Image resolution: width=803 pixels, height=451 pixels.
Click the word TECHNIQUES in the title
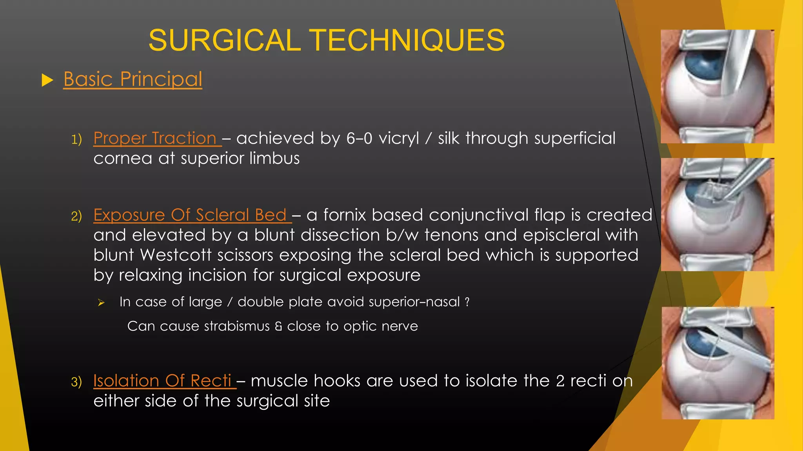click(408, 40)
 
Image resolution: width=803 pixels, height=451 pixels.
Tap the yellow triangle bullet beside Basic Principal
click(47, 80)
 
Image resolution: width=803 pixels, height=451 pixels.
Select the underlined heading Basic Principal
click(133, 79)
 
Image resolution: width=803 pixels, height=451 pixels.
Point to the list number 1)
click(76, 139)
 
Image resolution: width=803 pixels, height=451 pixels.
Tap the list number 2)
click(76, 216)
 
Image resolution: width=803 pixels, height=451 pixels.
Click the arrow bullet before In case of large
click(101, 303)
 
